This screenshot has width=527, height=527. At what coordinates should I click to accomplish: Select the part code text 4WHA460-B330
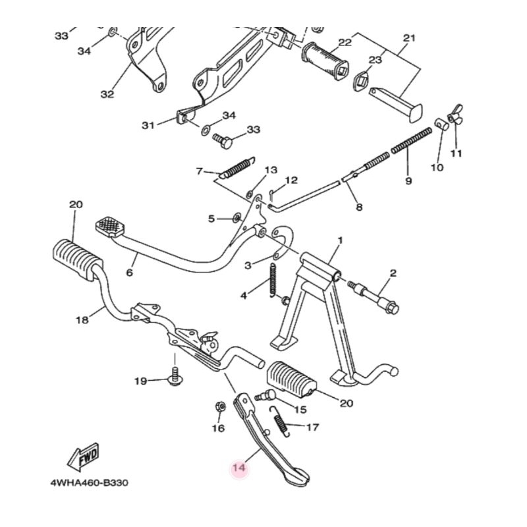tap(89, 483)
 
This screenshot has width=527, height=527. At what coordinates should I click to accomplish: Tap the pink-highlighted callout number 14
tap(238, 468)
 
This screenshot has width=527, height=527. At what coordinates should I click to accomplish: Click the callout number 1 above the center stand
tap(341, 240)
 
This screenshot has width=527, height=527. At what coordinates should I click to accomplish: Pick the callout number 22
tap(345, 42)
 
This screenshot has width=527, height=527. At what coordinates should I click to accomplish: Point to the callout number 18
tap(82, 320)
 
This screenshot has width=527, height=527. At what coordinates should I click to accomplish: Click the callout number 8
tap(359, 207)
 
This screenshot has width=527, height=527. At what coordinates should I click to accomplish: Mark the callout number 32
tap(107, 94)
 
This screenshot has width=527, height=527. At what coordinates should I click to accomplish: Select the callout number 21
tap(409, 38)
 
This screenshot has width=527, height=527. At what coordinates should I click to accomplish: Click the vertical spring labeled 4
tap(271, 279)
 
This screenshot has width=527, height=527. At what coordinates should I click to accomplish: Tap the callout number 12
tap(291, 180)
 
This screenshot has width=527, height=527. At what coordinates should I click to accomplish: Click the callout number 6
tap(129, 272)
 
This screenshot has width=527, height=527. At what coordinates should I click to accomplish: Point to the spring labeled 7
tap(235, 168)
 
